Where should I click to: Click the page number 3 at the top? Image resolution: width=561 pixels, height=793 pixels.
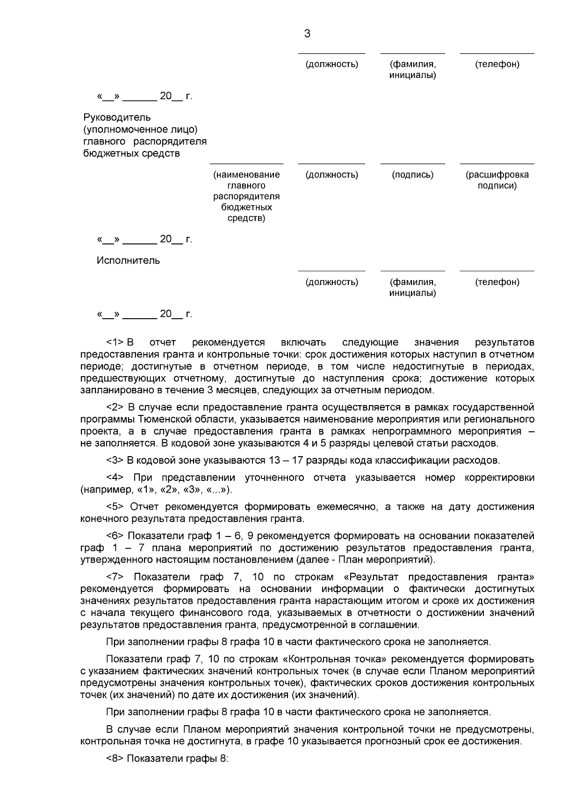click(307, 34)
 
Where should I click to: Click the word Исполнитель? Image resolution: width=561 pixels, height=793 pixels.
click(128, 260)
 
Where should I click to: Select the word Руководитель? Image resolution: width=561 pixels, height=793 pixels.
click(117, 117)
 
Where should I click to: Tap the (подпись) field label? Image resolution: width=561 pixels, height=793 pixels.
click(412, 175)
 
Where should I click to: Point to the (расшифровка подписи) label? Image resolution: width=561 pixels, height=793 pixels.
click(497, 180)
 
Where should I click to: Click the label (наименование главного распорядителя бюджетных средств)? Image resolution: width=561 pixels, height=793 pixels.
click(246, 196)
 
